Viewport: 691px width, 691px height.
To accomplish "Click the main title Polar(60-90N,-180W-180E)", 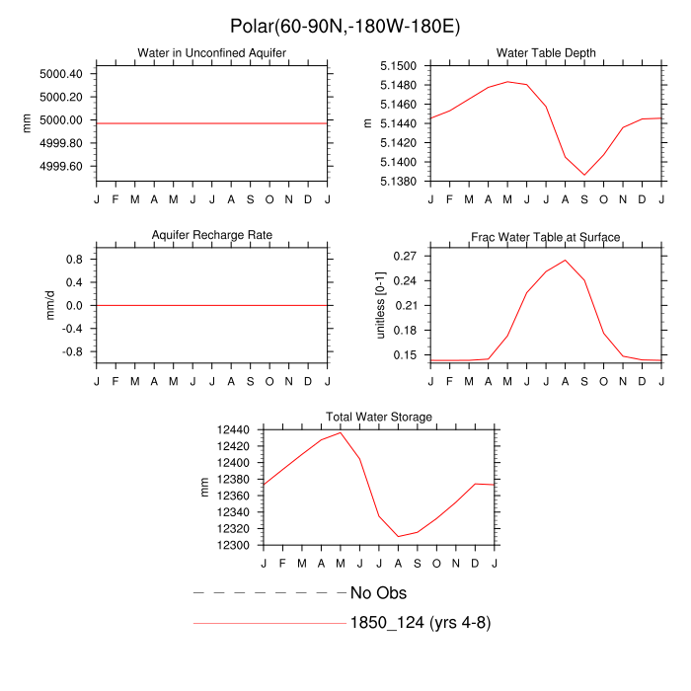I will (x=345, y=26).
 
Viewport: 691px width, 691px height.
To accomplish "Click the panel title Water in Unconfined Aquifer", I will (x=211, y=52).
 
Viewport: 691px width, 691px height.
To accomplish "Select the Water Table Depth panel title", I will (x=546, y=52).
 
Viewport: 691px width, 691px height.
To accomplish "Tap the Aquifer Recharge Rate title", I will (x=211, y=236).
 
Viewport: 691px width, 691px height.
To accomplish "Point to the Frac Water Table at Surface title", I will (x=546, y=237).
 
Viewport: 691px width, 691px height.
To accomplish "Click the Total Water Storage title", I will (x=379, y=418).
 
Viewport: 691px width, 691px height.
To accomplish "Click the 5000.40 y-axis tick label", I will (x=61, y=74).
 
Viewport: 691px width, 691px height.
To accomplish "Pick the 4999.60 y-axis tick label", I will (x=61, y=166).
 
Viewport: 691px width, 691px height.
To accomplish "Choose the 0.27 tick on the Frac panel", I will (x=403, y=256).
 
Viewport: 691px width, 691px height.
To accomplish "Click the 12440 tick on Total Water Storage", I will (x=233, y=430).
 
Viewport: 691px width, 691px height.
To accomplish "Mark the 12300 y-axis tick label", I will (x=233, y=545).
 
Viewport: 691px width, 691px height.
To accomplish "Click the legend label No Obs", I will (x=378, y=593).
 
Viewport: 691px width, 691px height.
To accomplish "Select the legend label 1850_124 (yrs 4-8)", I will (x=420, y=623).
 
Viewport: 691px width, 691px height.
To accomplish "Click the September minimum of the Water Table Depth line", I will (x=584, y=175).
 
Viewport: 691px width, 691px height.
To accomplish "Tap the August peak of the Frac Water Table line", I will (x=566, y=261).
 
